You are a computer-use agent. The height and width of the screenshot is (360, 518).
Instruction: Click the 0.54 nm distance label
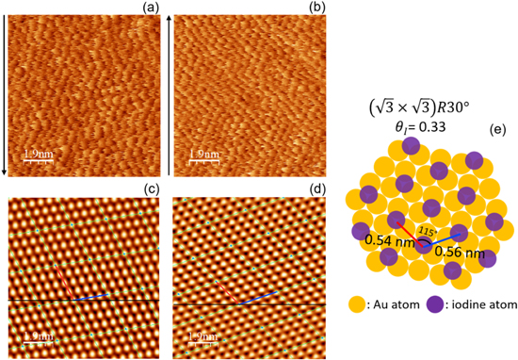387,240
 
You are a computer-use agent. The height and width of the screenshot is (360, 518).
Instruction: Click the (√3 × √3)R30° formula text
413,93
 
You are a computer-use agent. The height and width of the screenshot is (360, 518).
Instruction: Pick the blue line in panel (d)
253,299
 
